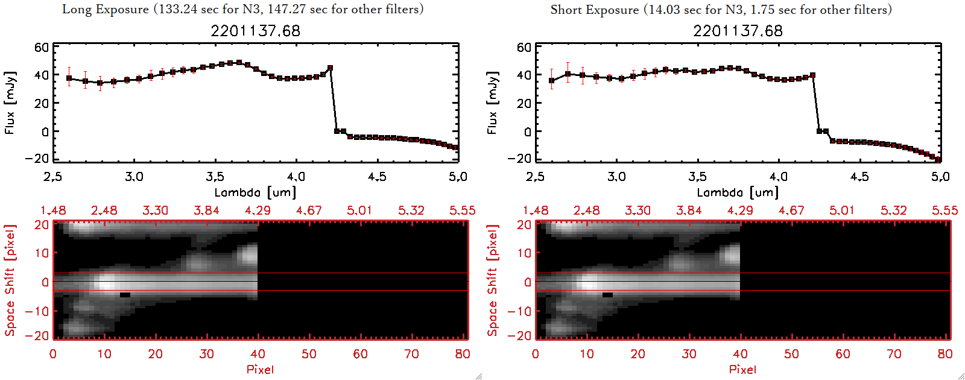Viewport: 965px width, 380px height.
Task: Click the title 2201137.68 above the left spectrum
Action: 255,31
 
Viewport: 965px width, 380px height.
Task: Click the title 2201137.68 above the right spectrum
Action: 738,31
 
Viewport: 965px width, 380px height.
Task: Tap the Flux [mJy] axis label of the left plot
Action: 10,103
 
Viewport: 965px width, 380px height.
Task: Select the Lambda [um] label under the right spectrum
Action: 738,192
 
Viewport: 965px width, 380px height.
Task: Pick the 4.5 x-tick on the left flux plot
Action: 377,177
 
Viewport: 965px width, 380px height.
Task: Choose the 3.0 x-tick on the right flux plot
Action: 616,177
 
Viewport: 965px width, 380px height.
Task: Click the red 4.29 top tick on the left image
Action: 258,211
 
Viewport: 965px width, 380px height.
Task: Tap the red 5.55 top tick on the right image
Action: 944,211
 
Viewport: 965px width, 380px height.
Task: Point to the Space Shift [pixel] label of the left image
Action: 10,280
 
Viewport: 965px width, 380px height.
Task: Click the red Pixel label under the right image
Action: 742,369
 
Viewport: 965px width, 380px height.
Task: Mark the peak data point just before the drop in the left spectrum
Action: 330,68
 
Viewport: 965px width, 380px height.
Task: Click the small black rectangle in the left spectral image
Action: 125,295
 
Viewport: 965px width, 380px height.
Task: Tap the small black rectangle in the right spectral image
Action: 607,295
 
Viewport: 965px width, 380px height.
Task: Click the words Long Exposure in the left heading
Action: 106,9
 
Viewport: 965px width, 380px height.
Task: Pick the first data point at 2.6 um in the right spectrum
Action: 551,81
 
